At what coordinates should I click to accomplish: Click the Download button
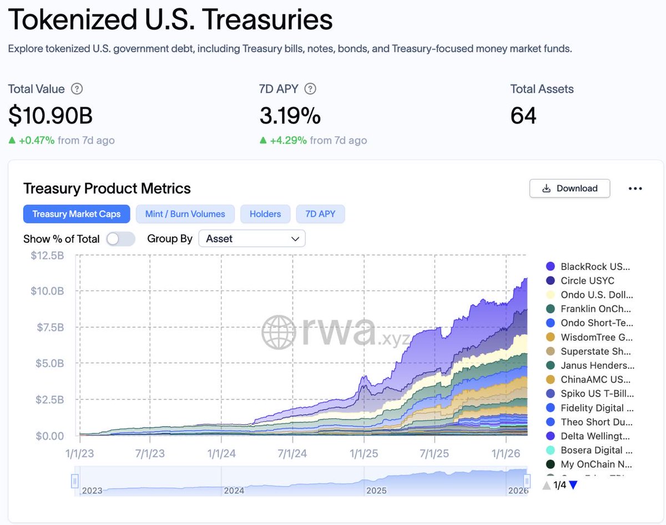[x=569, y=188]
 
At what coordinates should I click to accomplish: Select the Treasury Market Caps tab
[x=77, y=214]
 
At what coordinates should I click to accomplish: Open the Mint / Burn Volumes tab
[x=185, y=214]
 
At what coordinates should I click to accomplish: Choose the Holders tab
[x=265, y=214]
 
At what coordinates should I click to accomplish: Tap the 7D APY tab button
[x=320, y=214]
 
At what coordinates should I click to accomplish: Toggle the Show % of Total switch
[x=120, y=239]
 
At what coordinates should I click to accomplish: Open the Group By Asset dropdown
[x=252, y=239]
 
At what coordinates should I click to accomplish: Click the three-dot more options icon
[x=635, y=188]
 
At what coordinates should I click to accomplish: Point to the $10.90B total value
[x=51, y=116]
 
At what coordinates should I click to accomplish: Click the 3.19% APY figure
[x=290, y=116]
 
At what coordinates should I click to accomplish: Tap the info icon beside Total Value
[x=78, y=89]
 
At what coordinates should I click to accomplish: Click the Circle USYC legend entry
[x=587, y=281]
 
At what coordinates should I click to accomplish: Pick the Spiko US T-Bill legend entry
[x=596, y=394]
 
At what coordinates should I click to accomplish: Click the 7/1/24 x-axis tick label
[x=292, y=453]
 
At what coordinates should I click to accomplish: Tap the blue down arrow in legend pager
[x=573, y=485]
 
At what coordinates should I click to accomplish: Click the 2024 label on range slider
[x=234, y=491]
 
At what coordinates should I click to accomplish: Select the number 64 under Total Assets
[x=523, y=116]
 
